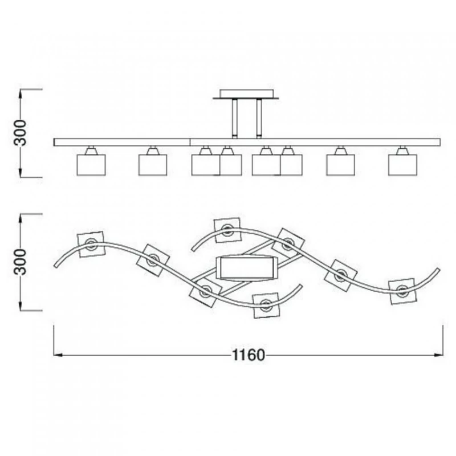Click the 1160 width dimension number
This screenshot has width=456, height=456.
click(x=249, y=355)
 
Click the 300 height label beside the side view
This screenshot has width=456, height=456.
click(x=21, y=133)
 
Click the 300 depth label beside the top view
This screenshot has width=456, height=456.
click(x=21, y=262)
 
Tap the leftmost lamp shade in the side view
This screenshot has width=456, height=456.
click(x=91, y=165)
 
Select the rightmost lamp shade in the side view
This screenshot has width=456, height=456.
click(x=402, y=165)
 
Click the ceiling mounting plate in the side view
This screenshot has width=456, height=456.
click(x=246, y=94)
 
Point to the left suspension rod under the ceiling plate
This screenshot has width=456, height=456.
click(x=235, y=119)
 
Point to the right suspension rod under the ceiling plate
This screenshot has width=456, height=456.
click(x=259, y=119)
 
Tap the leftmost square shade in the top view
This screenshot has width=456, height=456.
click(x=91, y=245)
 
